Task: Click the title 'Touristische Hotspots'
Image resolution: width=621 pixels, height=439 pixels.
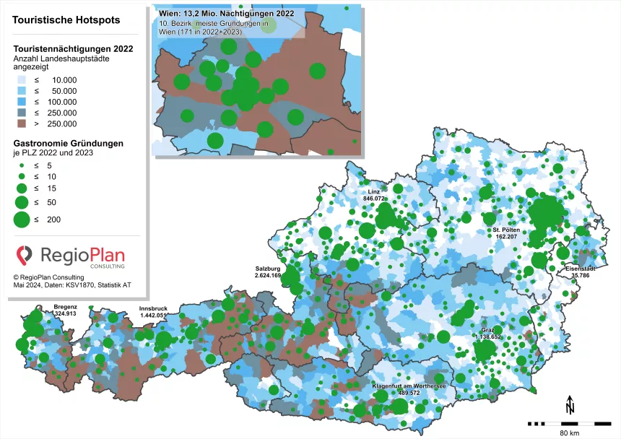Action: click(67, 21)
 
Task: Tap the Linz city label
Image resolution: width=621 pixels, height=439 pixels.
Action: click(374, 191)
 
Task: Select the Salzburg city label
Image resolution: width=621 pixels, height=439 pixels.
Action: click(267, 269)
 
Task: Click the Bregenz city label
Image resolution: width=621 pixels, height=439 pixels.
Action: click(65, 307)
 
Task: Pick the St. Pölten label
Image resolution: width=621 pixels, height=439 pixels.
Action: click(506, 230)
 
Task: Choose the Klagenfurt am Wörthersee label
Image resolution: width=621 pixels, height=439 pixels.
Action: click(409, 386)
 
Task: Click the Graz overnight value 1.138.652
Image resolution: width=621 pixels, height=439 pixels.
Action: click(487, 337)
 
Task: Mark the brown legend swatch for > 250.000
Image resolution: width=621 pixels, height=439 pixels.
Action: click(21, 123)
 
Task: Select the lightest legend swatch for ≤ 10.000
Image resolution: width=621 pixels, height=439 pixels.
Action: click(21, 80)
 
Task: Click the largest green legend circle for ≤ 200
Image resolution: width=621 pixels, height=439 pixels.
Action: click(22, 219)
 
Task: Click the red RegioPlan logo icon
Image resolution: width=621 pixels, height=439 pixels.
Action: click(25, 254)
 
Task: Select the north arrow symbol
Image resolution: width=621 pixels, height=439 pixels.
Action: click(570, 404)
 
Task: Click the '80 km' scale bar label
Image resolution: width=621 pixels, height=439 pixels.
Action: click(569, 433)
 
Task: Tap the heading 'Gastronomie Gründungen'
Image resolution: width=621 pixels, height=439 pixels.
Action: click(69, 143)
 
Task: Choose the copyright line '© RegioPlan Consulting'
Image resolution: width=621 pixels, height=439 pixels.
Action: click(48, 277)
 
